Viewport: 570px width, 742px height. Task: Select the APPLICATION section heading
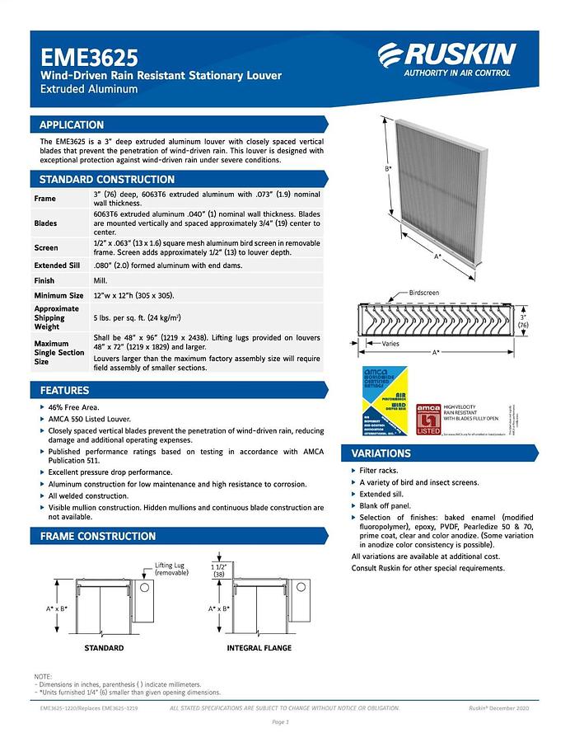(72, 125)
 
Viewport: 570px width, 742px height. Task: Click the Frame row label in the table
(45, 199)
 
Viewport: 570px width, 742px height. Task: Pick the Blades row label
(46, 223)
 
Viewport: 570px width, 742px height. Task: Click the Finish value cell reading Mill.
(100, 280)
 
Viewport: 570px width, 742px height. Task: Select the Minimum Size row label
(59, 295)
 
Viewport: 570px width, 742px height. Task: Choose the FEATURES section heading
(65, 390)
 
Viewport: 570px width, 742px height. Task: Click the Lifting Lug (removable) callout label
(171, 570)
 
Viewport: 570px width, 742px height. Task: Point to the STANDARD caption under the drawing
(104, 648)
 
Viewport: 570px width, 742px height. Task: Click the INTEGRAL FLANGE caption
(259, 648)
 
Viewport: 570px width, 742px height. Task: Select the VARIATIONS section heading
(381, 453)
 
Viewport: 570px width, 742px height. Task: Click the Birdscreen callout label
(425, 293)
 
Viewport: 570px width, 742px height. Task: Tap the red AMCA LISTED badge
(428, 419)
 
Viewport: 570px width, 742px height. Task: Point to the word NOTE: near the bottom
(43, 676)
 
